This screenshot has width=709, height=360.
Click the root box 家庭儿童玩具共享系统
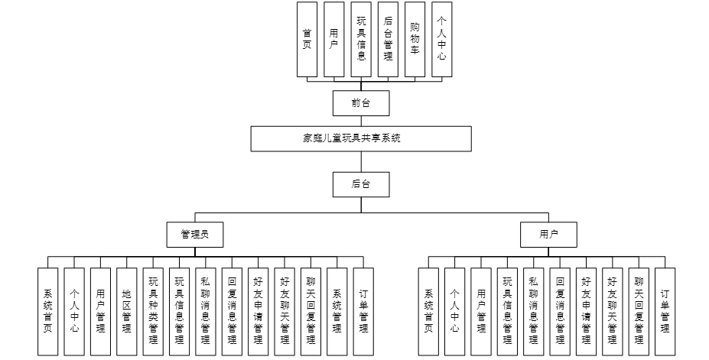361,138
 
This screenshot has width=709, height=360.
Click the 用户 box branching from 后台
548,235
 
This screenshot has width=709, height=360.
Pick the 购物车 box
414,39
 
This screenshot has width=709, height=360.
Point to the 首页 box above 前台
307,39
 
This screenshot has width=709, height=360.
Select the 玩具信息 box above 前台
361,39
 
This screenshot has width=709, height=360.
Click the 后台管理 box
388,39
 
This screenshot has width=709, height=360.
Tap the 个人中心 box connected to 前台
441,39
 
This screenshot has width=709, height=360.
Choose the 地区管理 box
127,311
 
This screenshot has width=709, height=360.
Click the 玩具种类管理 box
153,311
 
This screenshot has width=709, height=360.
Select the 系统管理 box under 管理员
337,311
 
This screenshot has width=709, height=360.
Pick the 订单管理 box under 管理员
363,311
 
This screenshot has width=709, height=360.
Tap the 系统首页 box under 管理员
47,311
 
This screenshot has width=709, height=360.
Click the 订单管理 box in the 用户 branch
665,311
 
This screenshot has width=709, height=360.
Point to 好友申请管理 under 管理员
258,311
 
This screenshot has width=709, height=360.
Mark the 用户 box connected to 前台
333,39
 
